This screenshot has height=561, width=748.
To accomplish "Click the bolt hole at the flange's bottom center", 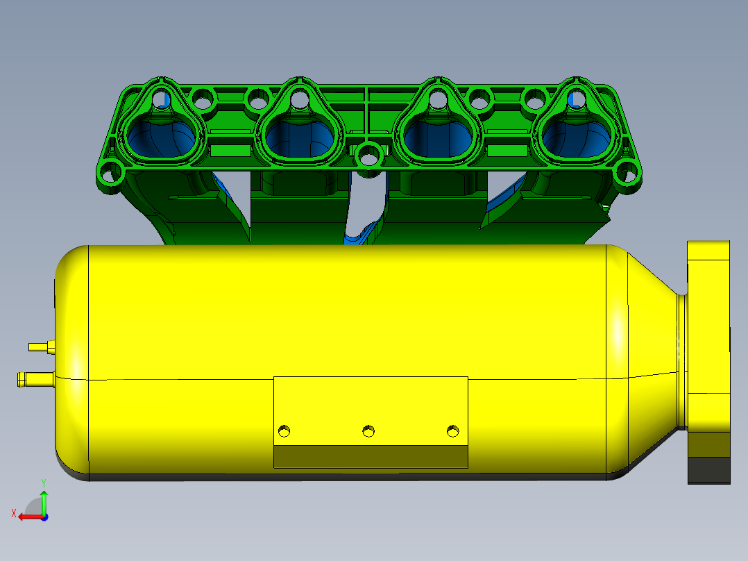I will click(x=368, y=154).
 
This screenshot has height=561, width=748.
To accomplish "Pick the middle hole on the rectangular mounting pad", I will click(x=368, y=431).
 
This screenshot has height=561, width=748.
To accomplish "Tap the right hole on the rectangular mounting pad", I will click(x=452, y=431).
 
